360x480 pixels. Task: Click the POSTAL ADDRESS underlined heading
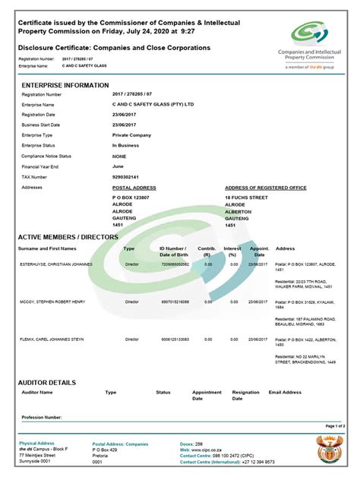pos(134,187)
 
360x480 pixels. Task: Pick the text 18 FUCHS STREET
pos(247,197)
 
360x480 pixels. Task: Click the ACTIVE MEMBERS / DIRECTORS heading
pos(68,237)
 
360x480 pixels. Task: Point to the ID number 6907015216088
pos(174,302)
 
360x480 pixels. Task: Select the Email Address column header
pos(286,393)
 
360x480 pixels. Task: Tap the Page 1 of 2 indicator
pos(335,427)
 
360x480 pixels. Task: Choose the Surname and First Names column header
pos(47,248)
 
